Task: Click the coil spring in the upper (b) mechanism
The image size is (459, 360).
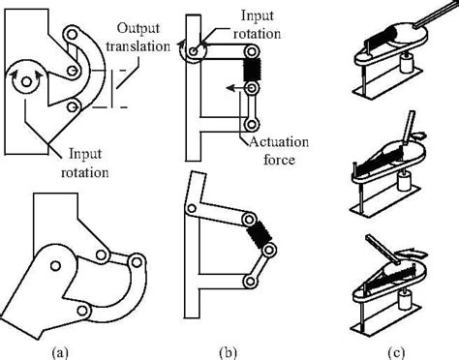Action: [251, 69]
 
